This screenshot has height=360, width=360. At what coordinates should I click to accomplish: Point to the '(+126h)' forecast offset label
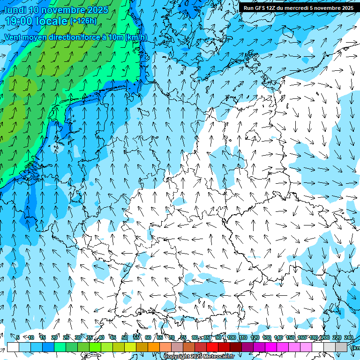[83, 21]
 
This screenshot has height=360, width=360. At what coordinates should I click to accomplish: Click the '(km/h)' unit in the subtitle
[136, 37]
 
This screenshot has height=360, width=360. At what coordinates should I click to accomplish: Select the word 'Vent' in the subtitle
[14, 37]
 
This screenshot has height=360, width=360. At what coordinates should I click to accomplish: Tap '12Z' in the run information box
[272, 8]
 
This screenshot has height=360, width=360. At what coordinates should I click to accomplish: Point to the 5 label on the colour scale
[18, 338]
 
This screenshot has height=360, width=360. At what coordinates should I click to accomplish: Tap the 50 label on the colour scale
[125, 338]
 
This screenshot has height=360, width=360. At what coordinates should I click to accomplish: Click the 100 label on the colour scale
[231, 338]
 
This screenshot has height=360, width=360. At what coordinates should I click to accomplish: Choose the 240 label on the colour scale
[348, 338]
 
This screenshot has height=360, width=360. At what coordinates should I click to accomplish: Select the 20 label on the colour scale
[54, 338]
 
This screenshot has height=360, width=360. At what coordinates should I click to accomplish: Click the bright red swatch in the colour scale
[212, 347]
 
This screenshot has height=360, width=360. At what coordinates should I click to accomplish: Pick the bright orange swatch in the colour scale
[154, 347]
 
